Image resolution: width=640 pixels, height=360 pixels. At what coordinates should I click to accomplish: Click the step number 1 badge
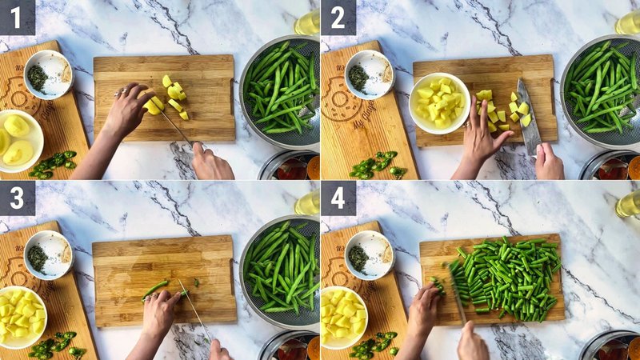coord(18,17)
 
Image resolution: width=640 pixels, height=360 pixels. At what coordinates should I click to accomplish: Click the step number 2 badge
coord(338,17)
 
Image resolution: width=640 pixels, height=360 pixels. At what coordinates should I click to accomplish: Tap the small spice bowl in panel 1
coord(48,74)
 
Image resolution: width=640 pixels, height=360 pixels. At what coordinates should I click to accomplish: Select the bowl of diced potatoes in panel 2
coord(439,102)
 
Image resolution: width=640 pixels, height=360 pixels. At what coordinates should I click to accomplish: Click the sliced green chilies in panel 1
coord(52,163)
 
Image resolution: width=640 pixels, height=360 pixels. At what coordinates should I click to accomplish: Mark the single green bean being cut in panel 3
coord(155,288)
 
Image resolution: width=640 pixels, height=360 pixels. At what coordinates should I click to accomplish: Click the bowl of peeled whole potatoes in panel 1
coord(18,140)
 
